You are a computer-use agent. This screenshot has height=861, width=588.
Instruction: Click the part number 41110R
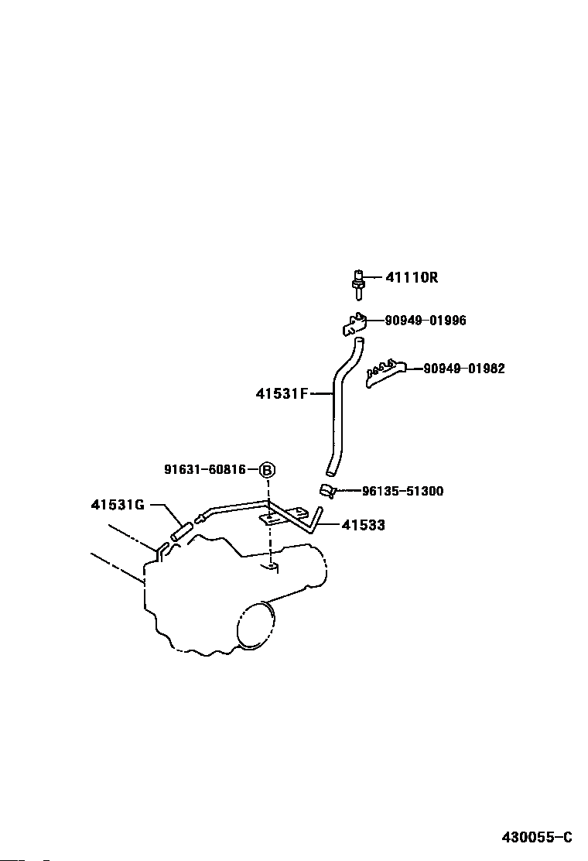point(412,277)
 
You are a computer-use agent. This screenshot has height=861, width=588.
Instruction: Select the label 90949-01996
point(426,321)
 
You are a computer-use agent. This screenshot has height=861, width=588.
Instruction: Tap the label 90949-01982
point(463,369)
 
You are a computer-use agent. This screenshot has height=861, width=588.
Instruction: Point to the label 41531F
point(282,393)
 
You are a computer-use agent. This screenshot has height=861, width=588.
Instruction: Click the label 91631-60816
point(205,469)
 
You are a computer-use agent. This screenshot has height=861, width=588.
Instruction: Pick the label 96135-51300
point(402,491)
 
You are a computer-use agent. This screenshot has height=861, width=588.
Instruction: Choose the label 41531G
point(118,505)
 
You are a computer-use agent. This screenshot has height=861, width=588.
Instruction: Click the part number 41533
point(363,525)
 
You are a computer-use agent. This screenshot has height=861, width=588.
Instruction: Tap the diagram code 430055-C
point(535,837)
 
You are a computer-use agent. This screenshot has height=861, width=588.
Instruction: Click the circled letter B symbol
point(267,470)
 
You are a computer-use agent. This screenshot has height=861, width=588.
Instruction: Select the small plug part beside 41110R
point(359,283)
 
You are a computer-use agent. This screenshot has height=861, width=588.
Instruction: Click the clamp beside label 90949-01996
point(354,324)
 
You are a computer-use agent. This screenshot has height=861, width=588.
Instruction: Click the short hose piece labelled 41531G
point(180,531)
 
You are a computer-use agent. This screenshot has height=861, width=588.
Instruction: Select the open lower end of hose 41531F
point(331,470)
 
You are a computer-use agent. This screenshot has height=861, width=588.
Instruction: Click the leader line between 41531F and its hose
point(321,393)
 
